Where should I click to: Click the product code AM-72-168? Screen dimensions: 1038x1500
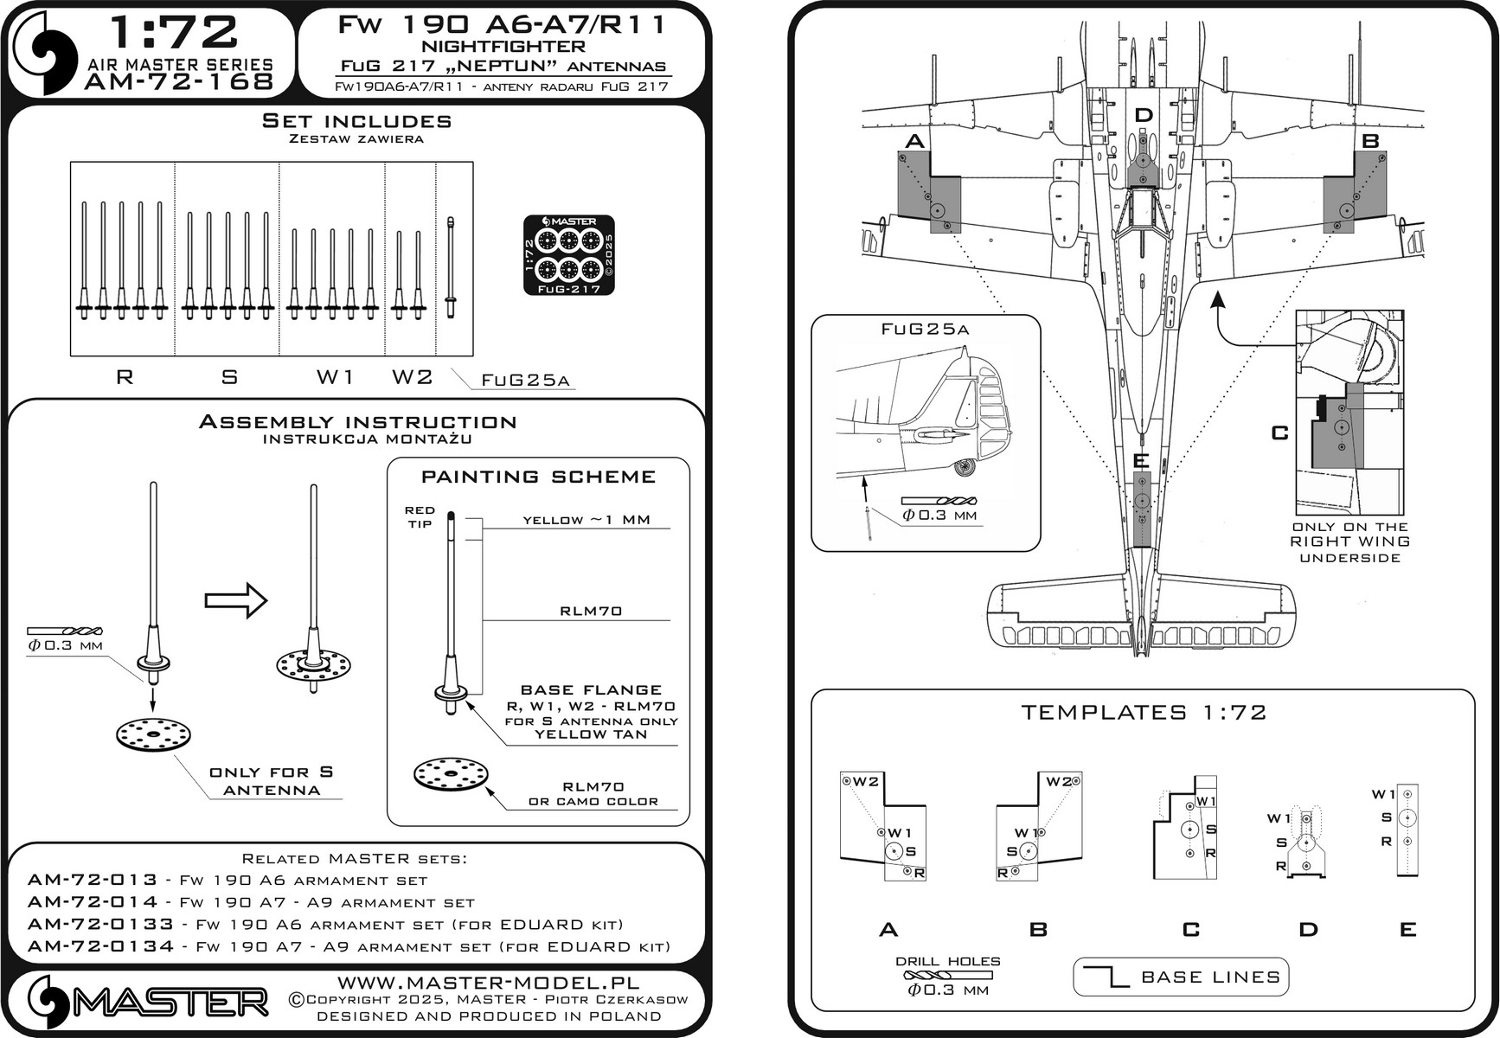[x=179, y=82]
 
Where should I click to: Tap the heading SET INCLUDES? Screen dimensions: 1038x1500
[x=356, y=121]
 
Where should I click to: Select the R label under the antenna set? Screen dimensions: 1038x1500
[x=125, y=377]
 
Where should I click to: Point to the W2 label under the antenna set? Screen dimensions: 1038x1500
[x=412, y=377]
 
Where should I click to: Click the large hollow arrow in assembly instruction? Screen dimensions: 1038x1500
[x=236, y=600]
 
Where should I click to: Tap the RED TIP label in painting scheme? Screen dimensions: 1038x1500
[x=420, y=517]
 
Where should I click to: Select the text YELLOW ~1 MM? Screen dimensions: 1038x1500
[x=587, y=520]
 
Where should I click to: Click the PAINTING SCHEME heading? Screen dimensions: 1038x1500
[x=538, y=477]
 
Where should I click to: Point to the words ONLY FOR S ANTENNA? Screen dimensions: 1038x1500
[x=272, y=781]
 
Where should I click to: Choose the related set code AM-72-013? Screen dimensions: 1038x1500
[x=93, y=881]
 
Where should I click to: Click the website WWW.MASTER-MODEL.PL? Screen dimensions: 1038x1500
[x=489, y=983]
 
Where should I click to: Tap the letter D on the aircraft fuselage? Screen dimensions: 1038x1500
[x=1144, y=115]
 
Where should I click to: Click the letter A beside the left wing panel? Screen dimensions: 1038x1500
[x=913, y=142]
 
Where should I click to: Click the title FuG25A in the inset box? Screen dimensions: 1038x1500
[x=925, y=330]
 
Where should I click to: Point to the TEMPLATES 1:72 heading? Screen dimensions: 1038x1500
[x=1144, y=713]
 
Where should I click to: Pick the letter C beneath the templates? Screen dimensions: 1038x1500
[x=1191, y=930]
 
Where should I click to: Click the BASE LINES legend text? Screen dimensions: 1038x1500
[x=1210, y=977]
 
